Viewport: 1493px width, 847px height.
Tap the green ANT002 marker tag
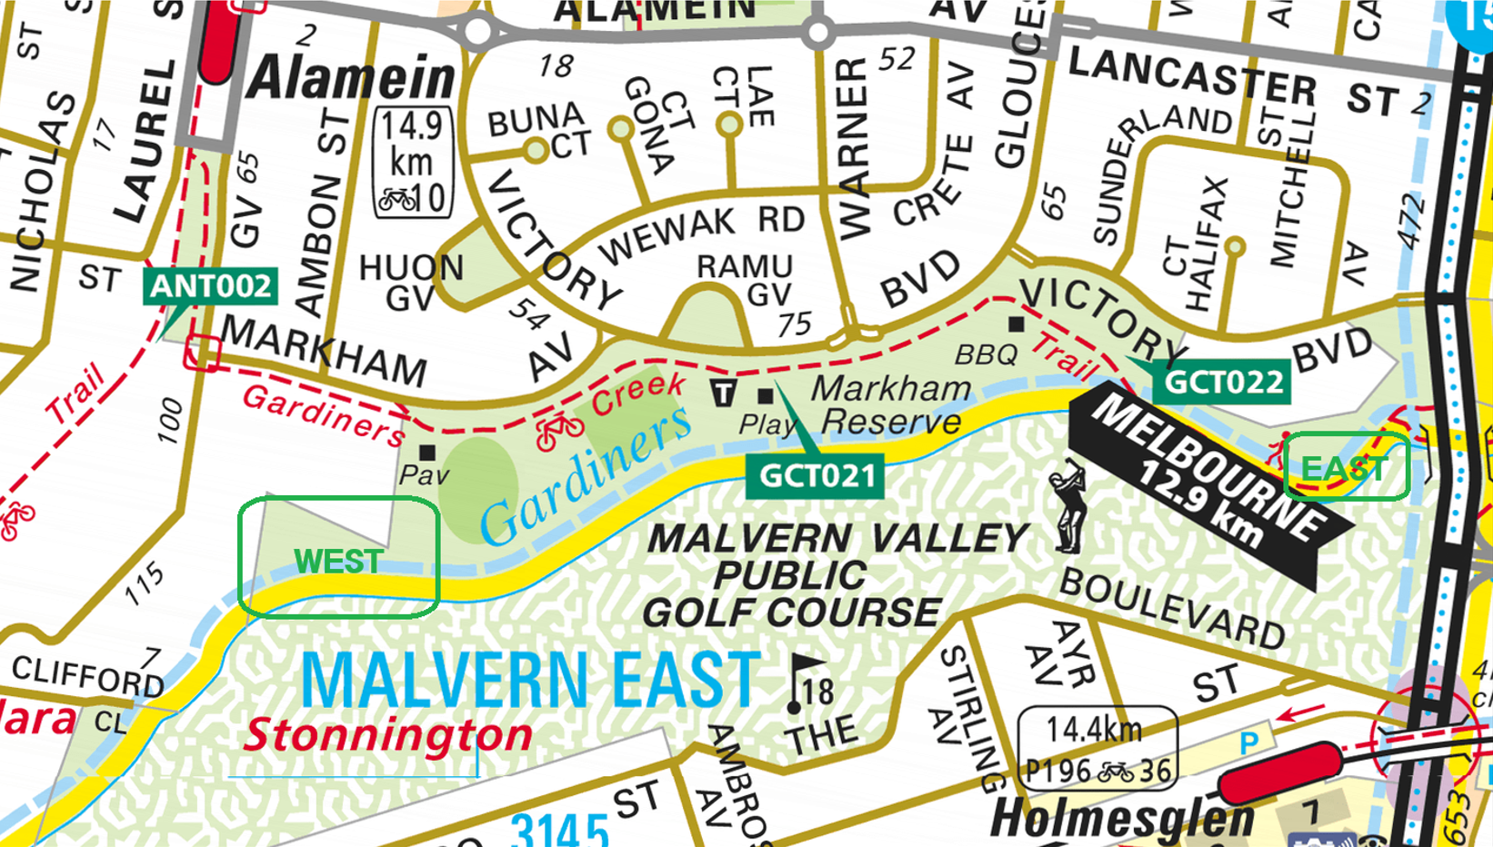click(x=210, y=286)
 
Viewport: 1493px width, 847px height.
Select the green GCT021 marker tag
click(x=816, y=475)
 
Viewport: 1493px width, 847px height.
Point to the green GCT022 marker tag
click(x=1222, y=382)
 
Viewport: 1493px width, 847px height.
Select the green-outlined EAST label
click(x=1346, y=468)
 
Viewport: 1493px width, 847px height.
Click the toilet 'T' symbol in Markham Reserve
click(x=724, y=393)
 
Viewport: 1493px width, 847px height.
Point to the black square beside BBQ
click(x=1017, y=324)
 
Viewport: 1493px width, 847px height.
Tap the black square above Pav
click(x=426, y=452)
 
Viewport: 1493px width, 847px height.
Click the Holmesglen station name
click(x=1122, y=818)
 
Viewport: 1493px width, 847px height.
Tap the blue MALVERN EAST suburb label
click(x=530, y=681)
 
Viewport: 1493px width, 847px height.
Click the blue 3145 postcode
click(x=558, y=828)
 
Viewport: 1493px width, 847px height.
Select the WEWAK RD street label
click(x=700, y=233)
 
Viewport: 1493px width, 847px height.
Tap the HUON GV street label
click(x=411, y=281)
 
